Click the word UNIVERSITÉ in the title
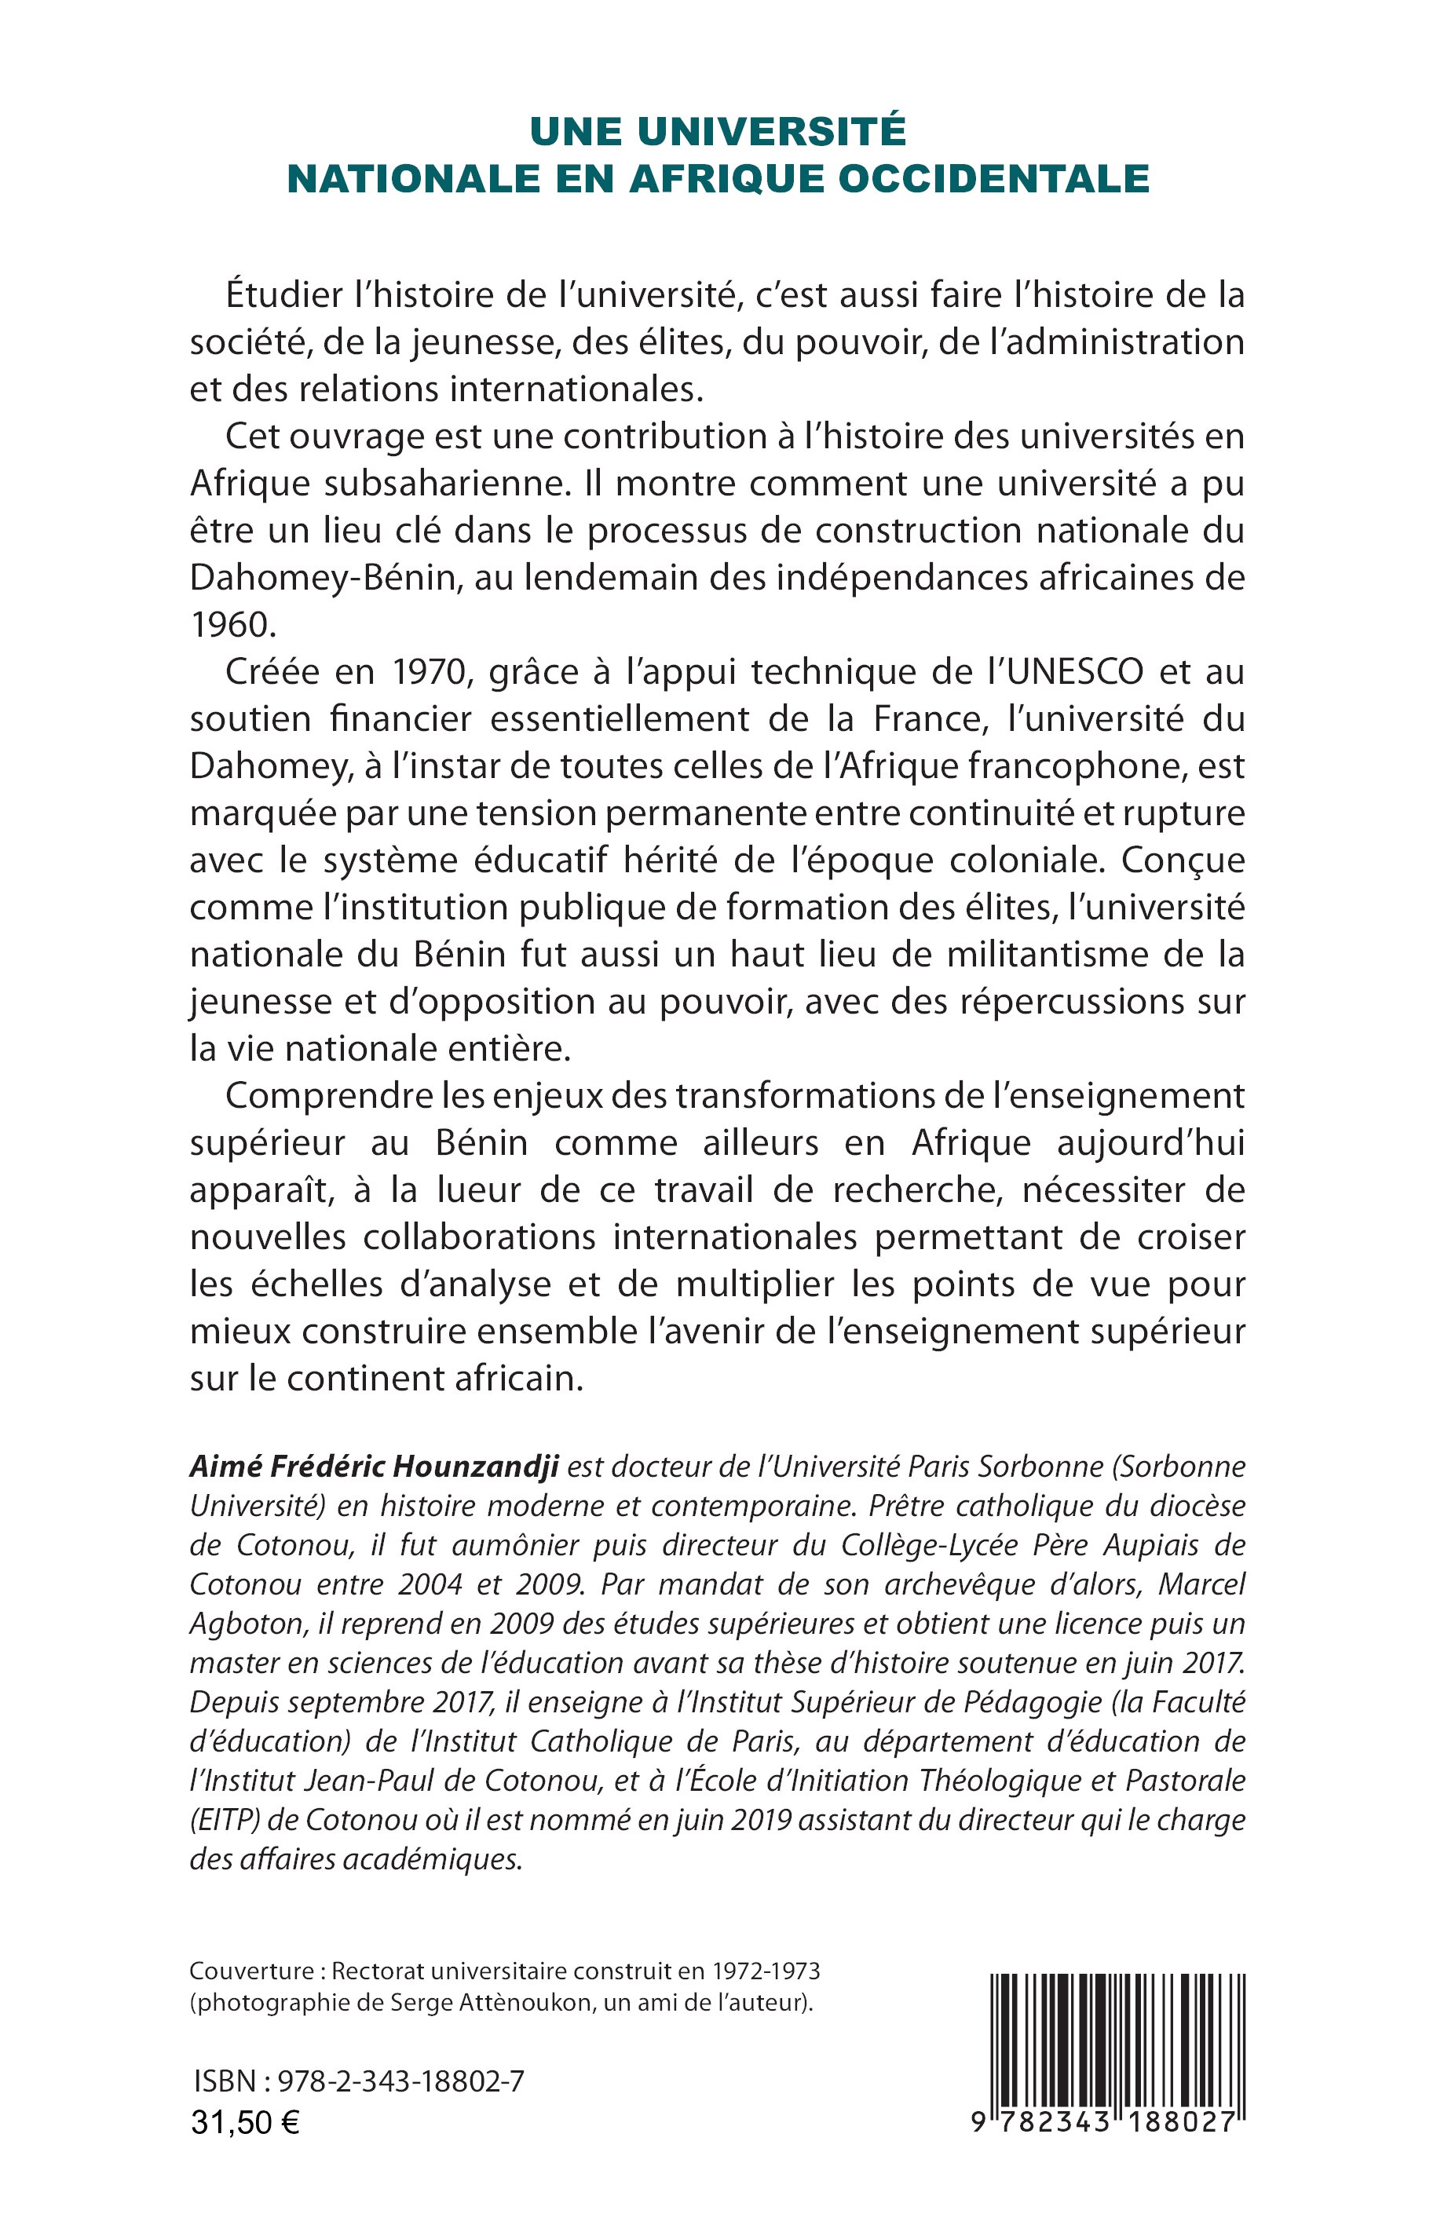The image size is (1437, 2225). coord(772,132)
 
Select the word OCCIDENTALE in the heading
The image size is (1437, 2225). coord(993,179)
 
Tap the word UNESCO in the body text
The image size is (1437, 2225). coord(1074,672)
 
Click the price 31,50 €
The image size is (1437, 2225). coord(246,2123)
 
